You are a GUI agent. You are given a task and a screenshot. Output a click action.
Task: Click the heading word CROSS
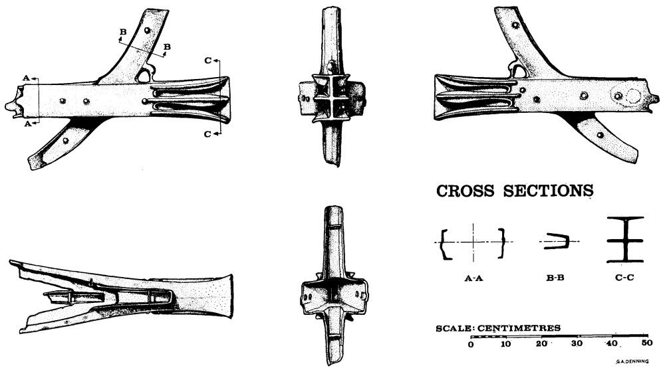tap(465, 191)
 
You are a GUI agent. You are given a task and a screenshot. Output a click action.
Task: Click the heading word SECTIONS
tap(549, 191)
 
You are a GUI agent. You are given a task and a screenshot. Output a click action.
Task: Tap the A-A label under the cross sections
tap(473, 278)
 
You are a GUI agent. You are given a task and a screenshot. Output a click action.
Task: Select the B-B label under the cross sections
tap(555, 278)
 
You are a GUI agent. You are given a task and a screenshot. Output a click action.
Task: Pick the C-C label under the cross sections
tap(624, 278)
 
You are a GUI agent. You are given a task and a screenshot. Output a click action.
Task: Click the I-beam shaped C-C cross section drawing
tap(625, 240)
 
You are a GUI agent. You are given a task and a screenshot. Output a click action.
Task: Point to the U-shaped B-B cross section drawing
tap(557, 241)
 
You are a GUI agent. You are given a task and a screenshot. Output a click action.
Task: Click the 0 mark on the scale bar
tap(471, 344)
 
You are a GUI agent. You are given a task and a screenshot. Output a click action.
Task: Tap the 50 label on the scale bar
tap(647, 342)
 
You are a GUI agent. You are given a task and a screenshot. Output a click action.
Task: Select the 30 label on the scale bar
tap(577, 343)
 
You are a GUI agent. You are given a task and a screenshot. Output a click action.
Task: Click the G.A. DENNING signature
tap(632, 362)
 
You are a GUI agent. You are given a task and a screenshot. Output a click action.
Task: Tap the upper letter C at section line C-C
tap(207, 60)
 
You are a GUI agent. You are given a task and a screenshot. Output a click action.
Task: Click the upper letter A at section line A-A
tap(27, 78)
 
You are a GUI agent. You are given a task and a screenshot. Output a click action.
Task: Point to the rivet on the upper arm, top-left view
tap(147, 31)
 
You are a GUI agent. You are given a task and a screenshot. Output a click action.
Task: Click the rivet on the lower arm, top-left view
tap(65, 140)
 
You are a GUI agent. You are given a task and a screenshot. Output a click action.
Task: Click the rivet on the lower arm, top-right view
tap(600, 135)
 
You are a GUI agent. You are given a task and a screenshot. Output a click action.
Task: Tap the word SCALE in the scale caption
tap(454, 328)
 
